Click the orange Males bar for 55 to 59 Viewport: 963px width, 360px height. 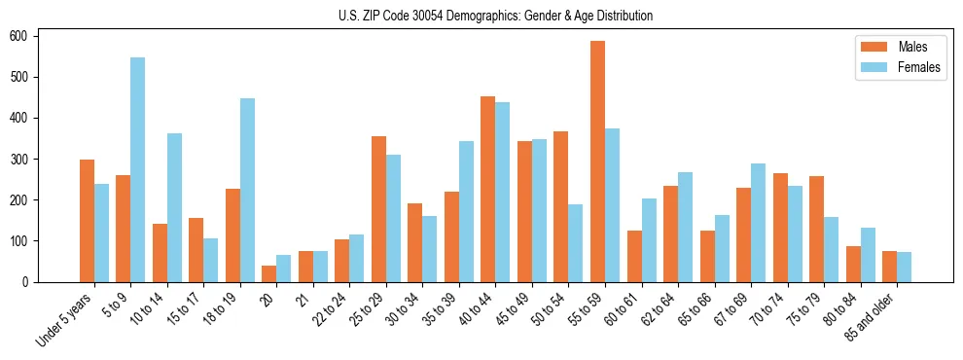(597, 162)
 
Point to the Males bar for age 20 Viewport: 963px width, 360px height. (269, 273)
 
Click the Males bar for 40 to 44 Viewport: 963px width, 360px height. (488, 189)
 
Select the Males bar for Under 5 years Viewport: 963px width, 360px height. (88, 221)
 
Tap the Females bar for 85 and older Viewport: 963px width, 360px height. (904, 267)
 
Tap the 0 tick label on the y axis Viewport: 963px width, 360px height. (31, 282)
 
